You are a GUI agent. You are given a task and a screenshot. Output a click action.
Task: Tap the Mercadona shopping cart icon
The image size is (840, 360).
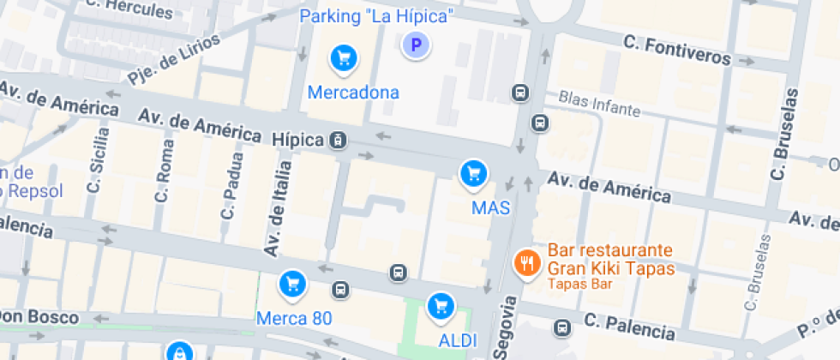tap(344, 58)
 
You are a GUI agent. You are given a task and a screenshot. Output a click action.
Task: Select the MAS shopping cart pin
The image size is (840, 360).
tap(472, 174)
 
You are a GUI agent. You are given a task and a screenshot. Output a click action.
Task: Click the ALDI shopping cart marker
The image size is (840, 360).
tap(441, 304)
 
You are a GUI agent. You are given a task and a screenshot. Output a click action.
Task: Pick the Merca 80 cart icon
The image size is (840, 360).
tap(293, 283)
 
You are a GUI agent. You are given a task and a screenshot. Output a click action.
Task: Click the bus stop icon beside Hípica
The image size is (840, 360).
tap(339, 140)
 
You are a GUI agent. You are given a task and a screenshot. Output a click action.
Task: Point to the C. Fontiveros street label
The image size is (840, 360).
tap(677, 50)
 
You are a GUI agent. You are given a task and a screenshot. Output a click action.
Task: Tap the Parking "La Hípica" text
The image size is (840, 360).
tap(376, 15)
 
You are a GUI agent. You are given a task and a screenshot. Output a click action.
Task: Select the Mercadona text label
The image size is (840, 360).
tap(353, 92)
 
